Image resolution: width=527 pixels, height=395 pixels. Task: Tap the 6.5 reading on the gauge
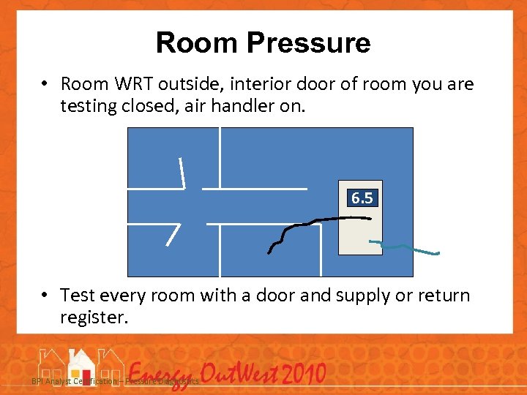click(x=362, y=198)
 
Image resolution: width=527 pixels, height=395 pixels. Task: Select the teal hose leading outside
click(x=406, y=248)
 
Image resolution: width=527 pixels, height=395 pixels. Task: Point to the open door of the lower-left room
click(x=173, y=234)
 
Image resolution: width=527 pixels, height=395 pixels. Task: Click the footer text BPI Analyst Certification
click(x=73, y=382)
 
